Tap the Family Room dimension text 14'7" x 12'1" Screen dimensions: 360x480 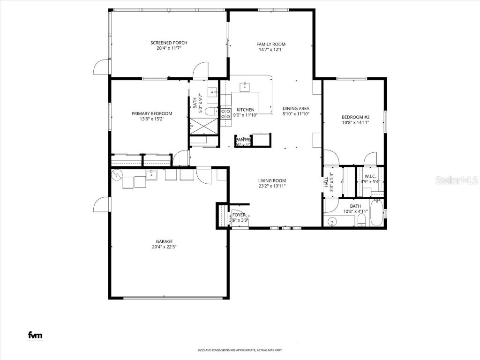click(x=270, y=50)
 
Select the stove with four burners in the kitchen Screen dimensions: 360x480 click(x=226, y=113)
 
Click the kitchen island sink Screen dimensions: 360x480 click(x=245, y=86)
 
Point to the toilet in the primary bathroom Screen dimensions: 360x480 click(x=212, y=111)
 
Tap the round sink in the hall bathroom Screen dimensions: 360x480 click(x=334, y=221)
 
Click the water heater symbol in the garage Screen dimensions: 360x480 click(x=116, y=175)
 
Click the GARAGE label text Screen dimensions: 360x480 click(x=164, y=241)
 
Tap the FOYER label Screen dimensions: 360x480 click(x=239, y=215)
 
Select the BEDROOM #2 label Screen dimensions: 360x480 click(x=355, y=117)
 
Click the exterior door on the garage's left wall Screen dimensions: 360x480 click(x=102, y=204)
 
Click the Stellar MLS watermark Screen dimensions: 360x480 click(x=456, y=180)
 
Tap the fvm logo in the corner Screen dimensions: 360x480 click(x=35, y=335)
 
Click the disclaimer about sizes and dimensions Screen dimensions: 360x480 click(x=240, y=350)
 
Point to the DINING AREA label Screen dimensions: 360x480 click(x=295, y=108)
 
